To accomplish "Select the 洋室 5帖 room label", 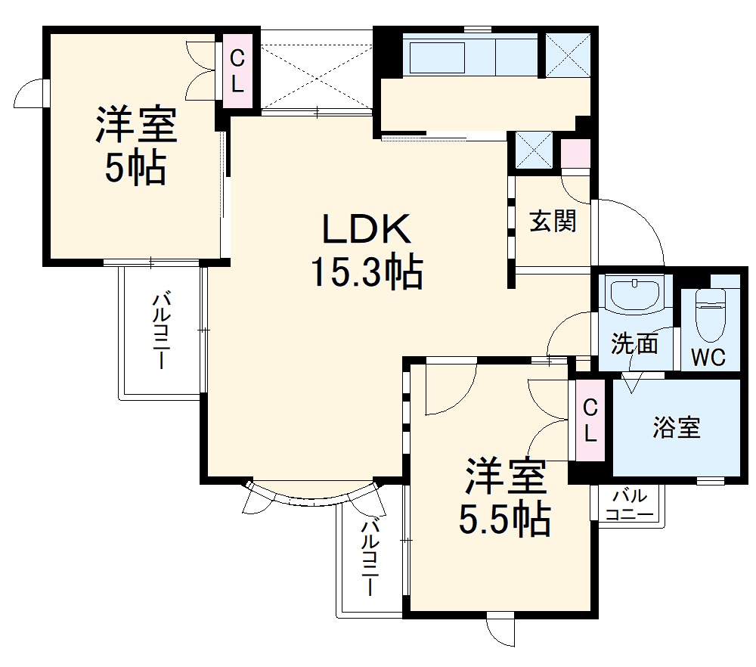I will point(135,126).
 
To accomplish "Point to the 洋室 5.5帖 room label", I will point(505,476).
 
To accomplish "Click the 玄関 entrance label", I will point(553,222).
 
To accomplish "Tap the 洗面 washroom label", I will point(634,344).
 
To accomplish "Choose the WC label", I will point(708,357).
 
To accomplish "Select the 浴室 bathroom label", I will point(677,428).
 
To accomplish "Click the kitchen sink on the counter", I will point(437,57).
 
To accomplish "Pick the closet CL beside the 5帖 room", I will point(237,70).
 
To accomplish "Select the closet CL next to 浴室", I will point(590,421).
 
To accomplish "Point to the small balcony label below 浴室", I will point(630,505).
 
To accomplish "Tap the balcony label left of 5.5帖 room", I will point(370,557).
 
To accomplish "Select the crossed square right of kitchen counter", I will point(567,54).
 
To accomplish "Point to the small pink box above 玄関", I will point(575,154).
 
